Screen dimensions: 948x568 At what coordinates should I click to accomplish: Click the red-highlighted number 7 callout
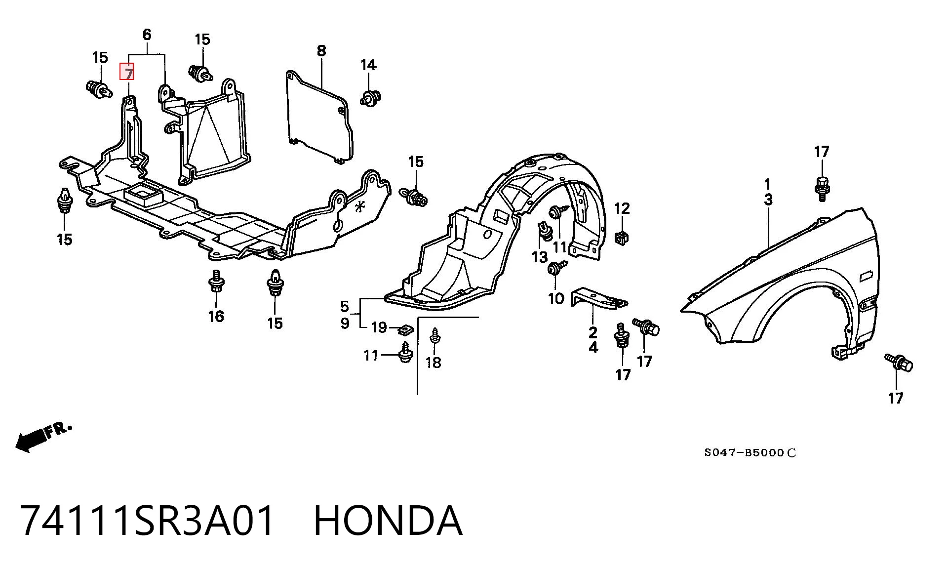point(127,72)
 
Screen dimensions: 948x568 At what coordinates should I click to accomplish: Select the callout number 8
point(321,50)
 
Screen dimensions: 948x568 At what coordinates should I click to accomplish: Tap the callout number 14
point(368,65)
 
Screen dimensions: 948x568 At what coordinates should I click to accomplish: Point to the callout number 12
point(622,208)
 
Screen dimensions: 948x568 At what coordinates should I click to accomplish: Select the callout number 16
point(216,316)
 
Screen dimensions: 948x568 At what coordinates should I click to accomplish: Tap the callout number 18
point(433,363)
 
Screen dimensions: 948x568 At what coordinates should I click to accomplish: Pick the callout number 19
point(379,327)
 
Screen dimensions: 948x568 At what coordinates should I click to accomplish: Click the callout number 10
point(556,298)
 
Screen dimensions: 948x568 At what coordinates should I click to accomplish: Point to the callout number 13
point(540,257)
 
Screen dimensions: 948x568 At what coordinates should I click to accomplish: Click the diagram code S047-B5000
point(750,452)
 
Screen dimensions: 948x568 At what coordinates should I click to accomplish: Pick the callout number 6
point(147,35)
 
